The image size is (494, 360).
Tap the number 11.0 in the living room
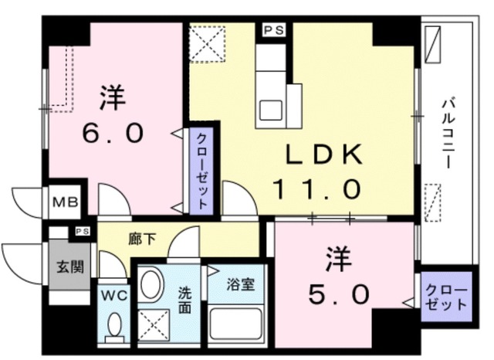[316, 187]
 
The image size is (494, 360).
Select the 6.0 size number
[113, 133]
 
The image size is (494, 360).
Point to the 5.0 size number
[334, 294]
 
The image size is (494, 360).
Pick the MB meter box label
[64, 203]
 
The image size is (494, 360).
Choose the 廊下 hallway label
[142, 239]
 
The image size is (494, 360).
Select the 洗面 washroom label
[185, 299]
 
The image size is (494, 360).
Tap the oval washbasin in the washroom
[152, 285]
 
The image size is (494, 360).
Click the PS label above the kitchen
[272, 30]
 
